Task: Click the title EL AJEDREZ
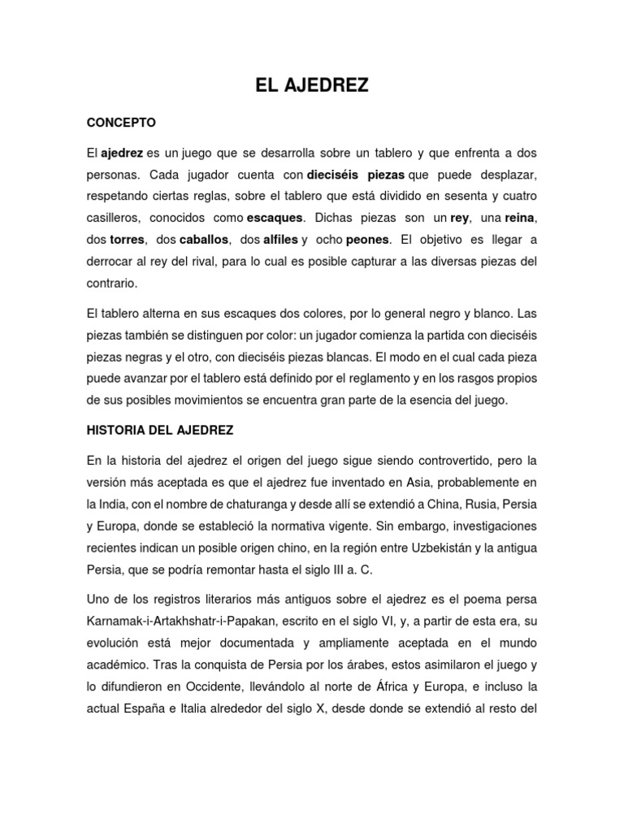click(x=312, y=84)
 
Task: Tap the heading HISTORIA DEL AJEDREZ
click(x=160, y=429)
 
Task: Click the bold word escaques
click(x=274, y=219)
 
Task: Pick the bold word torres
click(x=127, y=240)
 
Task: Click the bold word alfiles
click(x=281, y=240)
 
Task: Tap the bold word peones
click(x=367, y=240)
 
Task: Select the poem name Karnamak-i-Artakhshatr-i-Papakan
click(x=190, y=621)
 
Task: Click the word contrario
click(x=113, y=284)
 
